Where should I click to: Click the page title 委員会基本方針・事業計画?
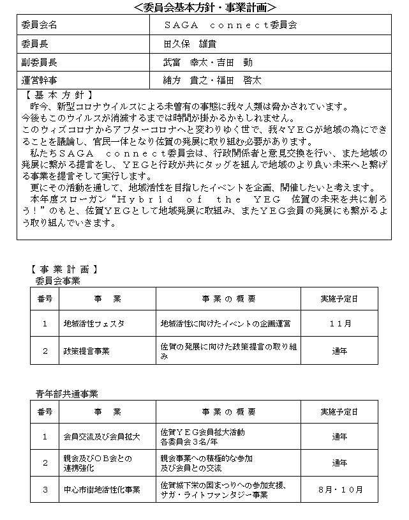(x=204, y=8)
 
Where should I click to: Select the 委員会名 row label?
(x=40, y=25)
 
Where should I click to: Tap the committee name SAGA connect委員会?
(x=230, y=25)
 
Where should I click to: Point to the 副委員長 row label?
(x=40, y=63)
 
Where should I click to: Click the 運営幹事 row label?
(x=40, y=80)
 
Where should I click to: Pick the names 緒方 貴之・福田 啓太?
(x=212, y=80)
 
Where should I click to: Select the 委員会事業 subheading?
(x=58, y=280)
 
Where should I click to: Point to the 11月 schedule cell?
(x=340, y=323)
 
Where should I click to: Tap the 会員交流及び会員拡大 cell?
(x=101, y=437)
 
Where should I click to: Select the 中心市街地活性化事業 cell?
(x=102, y=490)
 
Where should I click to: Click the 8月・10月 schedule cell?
(x=340, y=490)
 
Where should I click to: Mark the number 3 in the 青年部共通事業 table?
(x=45, y=490)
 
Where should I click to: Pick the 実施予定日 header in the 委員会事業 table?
(x=340, y=298)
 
